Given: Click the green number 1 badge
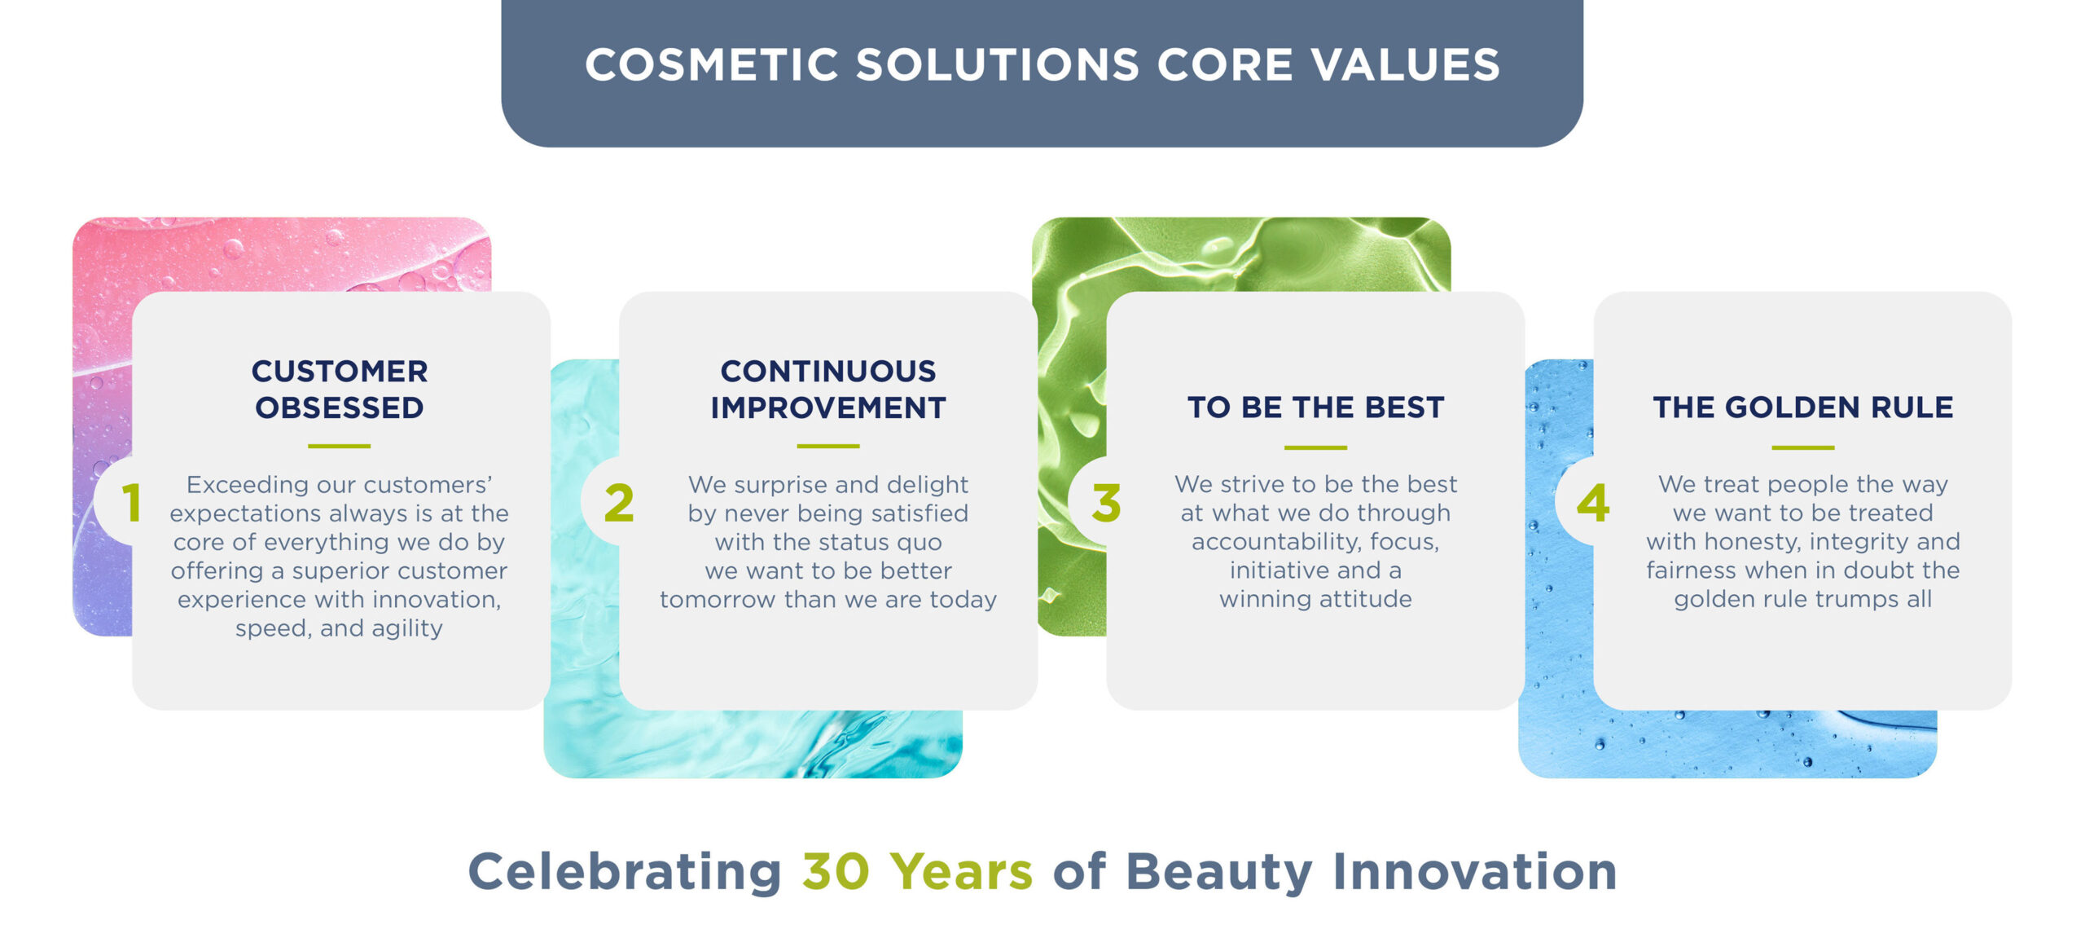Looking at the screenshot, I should tap(131, 502).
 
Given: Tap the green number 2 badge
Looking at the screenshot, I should tap(619, 502).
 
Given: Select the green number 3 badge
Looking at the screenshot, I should tap(1106, 502).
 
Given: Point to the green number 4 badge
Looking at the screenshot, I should tap(1593, 502).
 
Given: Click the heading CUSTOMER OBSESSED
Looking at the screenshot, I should tap(339, 389).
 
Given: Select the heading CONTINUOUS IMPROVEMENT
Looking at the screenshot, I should tap(827, 389).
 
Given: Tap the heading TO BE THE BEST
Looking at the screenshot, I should tap(1315, 407).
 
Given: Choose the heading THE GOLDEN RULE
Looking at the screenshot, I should tap(1802, 407).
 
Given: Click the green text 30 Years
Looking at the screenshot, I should tap(917, 871).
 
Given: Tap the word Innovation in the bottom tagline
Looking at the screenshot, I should tap(1474, 871).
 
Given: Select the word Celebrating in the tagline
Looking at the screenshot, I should tap(625, 871).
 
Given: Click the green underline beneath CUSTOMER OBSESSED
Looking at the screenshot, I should tap(339, 446).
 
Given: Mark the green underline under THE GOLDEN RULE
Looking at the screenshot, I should tap(1802, 447).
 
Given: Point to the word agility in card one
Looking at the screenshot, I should tap(406, 628).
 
